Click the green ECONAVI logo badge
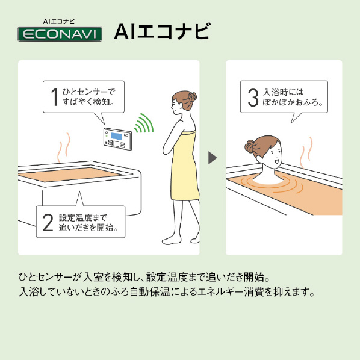[60, 34]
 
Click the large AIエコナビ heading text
[162, 31]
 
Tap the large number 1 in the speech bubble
[55, 97]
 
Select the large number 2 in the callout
[48, 222]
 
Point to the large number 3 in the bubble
[253, 98]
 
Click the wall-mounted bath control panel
[117, 139]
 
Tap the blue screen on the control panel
[116, 136]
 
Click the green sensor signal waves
[144, 123]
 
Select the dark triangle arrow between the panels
[213, 158]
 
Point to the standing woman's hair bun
[192, 97]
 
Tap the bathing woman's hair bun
[250, 146]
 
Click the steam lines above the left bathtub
[64, 147]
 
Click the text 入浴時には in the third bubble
[283, 92]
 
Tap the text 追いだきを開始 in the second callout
[86, 228]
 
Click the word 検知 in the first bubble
[101, 102]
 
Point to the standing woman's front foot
[172, 240]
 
